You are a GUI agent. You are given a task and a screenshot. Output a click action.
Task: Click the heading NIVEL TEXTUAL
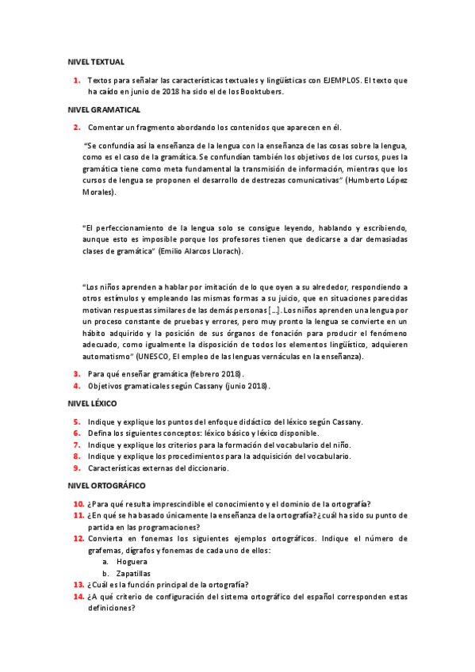coord(96,61)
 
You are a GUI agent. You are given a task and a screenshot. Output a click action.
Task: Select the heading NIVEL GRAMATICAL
coord(105,109)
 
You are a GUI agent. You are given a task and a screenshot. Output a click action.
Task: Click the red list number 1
coord(77,80)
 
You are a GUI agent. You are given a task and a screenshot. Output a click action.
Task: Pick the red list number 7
coord(77,445)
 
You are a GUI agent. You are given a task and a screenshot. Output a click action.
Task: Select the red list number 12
coord(79,538)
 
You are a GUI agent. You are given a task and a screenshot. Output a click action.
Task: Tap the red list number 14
coord(79,597)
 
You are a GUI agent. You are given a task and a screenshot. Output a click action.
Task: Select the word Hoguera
coord(132,562)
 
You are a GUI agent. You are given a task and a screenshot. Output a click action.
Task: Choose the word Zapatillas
coord(136,574)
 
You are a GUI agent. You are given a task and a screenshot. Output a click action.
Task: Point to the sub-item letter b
coord(105,574)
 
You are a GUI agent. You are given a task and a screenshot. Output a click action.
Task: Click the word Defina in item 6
coord(101,433)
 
